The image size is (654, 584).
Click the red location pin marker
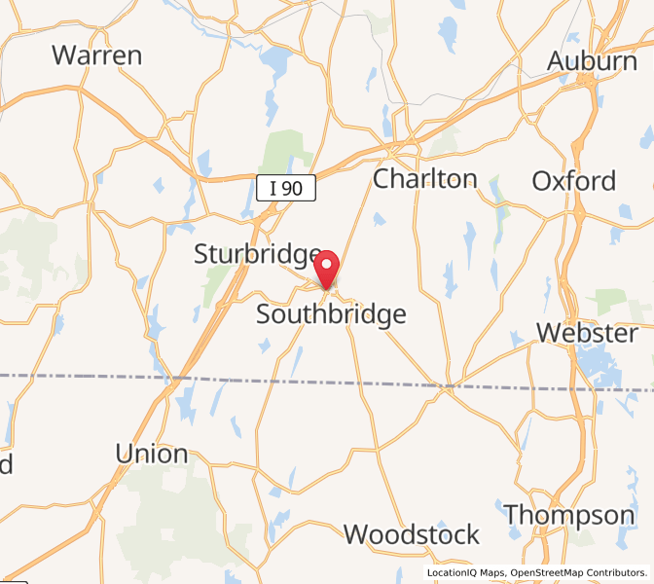click(x=328, y=268)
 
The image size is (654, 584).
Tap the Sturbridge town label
click(x=257, y=255)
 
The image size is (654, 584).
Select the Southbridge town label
click(x=331, y=314)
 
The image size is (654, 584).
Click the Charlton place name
click(x=425, y=179)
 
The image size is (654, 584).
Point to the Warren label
click(x=97, y=55)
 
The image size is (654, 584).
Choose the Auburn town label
click(x=592, y=60)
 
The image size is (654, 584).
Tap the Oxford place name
click(x=574, y=181)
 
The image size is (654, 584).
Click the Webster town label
click(x=587, y=333)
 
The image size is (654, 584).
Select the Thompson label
click(x=569, y=514)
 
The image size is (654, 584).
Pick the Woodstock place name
click(x=412, y=534)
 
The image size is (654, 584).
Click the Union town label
click(x=151, y=454)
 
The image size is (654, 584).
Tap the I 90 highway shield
click(x=287, y=189)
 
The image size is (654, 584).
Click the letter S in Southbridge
click(x=265, y=314)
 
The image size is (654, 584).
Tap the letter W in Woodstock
click(x=356, y=534)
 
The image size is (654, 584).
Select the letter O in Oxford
click(x=542, y=181)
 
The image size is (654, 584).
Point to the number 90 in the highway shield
click(x=293, y=189)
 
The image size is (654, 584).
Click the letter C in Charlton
click(x=383, y=179)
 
